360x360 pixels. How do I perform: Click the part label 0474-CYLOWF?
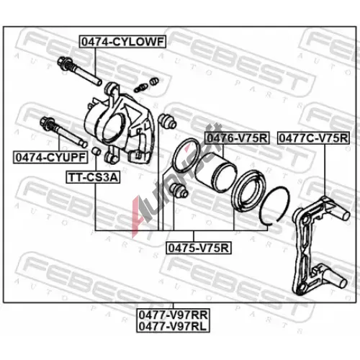coord(122,42)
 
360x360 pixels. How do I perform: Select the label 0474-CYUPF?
coord(50,158)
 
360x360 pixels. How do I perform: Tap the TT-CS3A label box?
coord(93,177)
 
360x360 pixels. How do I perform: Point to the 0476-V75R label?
coord(237,138)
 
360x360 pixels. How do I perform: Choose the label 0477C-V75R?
coord(313,138)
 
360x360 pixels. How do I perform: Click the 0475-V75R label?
coord(199,248)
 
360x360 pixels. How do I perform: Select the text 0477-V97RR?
coord(173,315)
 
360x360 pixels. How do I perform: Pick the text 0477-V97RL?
coord(173,326)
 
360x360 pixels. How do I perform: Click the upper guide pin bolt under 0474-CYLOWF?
coord(79,71)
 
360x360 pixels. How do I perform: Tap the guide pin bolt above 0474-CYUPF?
coord(63,132)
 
